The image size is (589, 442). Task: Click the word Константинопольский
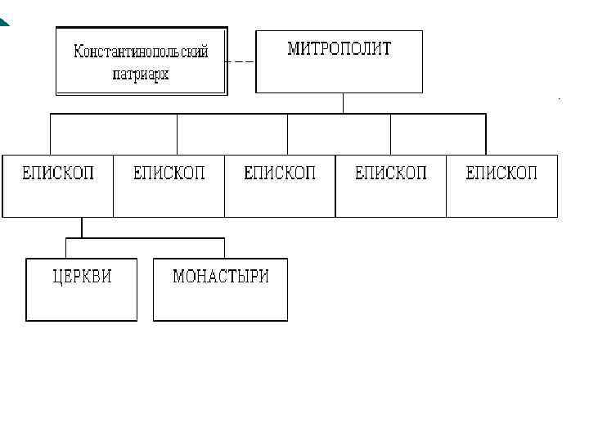coord(141,52)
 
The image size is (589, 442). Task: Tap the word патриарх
coord(141,74)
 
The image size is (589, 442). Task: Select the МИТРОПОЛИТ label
coord(339,49)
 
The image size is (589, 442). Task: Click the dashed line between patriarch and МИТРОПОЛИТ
coord(241,62)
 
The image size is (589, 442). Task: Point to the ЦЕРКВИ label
coord(82,277)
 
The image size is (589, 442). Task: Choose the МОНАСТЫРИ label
coord(220,277)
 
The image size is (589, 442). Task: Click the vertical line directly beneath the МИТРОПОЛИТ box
coord(343,103)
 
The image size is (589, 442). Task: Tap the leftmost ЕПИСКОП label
coord(58,174)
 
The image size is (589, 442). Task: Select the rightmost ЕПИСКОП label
coord(501,174)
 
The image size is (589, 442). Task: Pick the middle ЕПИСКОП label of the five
coord(280,174)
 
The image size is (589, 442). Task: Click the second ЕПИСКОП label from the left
coord(169,174)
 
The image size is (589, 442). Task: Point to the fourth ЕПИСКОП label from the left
coord(391,174)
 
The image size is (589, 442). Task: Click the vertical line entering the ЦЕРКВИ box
coord(66,248)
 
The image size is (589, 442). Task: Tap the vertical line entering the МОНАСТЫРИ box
coord(224,248)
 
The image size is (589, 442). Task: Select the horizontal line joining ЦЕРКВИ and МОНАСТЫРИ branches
coord(146,238)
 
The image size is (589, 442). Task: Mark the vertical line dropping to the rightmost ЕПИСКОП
coord(485,134)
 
